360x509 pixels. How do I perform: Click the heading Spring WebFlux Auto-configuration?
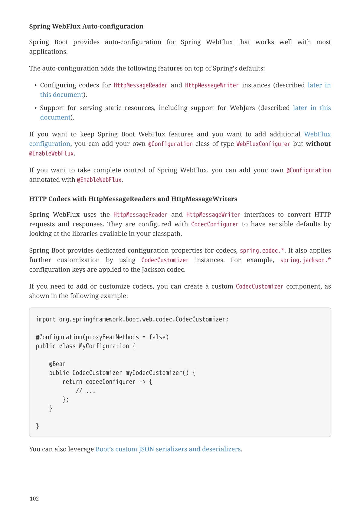pos(86,26)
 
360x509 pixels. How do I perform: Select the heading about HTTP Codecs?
pos(133,199)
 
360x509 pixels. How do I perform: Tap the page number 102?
pos(34,498)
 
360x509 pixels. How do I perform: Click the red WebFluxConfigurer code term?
pos(263,144)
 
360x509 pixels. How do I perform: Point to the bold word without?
pos(318,144)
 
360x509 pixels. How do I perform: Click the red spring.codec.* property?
pos(262,250)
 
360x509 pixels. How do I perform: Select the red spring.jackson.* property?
pos(305,260)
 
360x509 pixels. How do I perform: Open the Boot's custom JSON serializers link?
pos(168,449)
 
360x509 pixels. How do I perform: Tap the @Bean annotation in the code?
pos(57,364)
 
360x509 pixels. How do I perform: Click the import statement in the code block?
pos(132,319)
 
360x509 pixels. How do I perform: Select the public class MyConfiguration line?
pos(86,346)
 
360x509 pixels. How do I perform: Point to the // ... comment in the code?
pos(86,391)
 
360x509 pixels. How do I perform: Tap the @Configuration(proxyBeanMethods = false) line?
pos(102,337)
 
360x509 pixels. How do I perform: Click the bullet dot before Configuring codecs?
pos(36,85)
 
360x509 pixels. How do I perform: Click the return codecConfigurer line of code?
pos(107,382)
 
